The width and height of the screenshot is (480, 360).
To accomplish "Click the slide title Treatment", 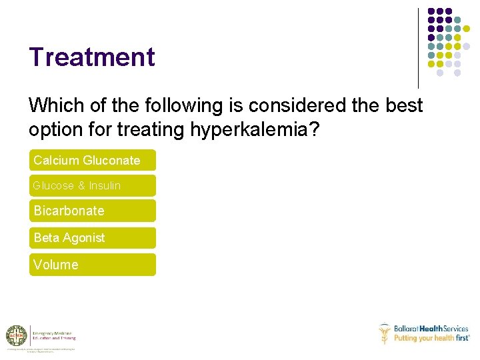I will [91, 57].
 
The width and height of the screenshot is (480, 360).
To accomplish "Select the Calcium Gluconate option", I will [92, 160].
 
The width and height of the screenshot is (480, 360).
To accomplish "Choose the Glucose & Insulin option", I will [92, 185].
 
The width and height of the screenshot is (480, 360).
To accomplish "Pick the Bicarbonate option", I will [92, 211].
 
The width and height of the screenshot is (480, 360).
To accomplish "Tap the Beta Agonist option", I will [92, 237].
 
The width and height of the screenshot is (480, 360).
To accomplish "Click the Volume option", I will [92, 265].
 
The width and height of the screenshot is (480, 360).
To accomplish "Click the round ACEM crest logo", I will [16, 335].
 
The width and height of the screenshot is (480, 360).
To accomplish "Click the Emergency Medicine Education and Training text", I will [55, 335].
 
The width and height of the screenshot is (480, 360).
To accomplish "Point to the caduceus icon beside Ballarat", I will [384, 333].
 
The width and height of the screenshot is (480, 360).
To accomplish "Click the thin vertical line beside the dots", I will [418, 48].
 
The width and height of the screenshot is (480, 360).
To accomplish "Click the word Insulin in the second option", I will [105, 185].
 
